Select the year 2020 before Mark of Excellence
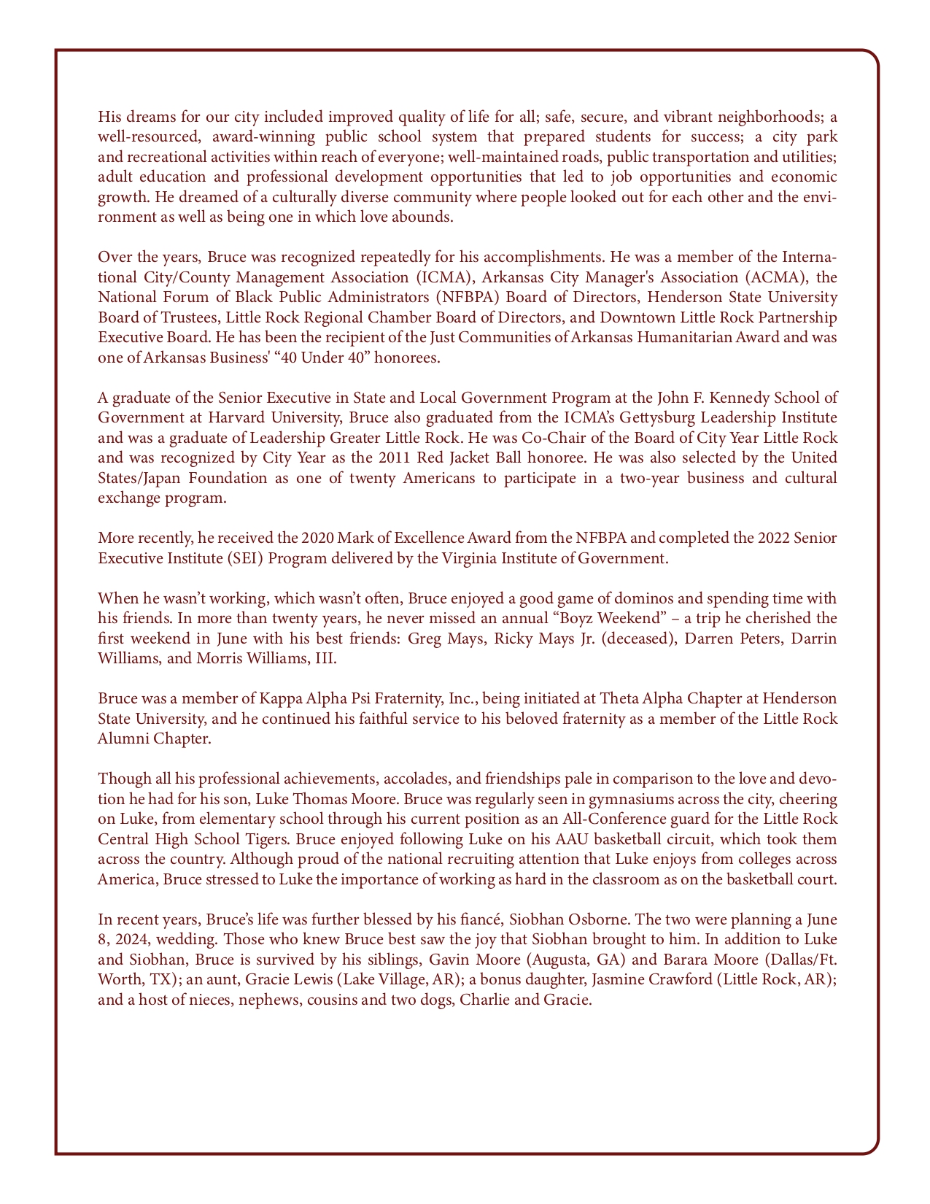click(314, 539)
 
